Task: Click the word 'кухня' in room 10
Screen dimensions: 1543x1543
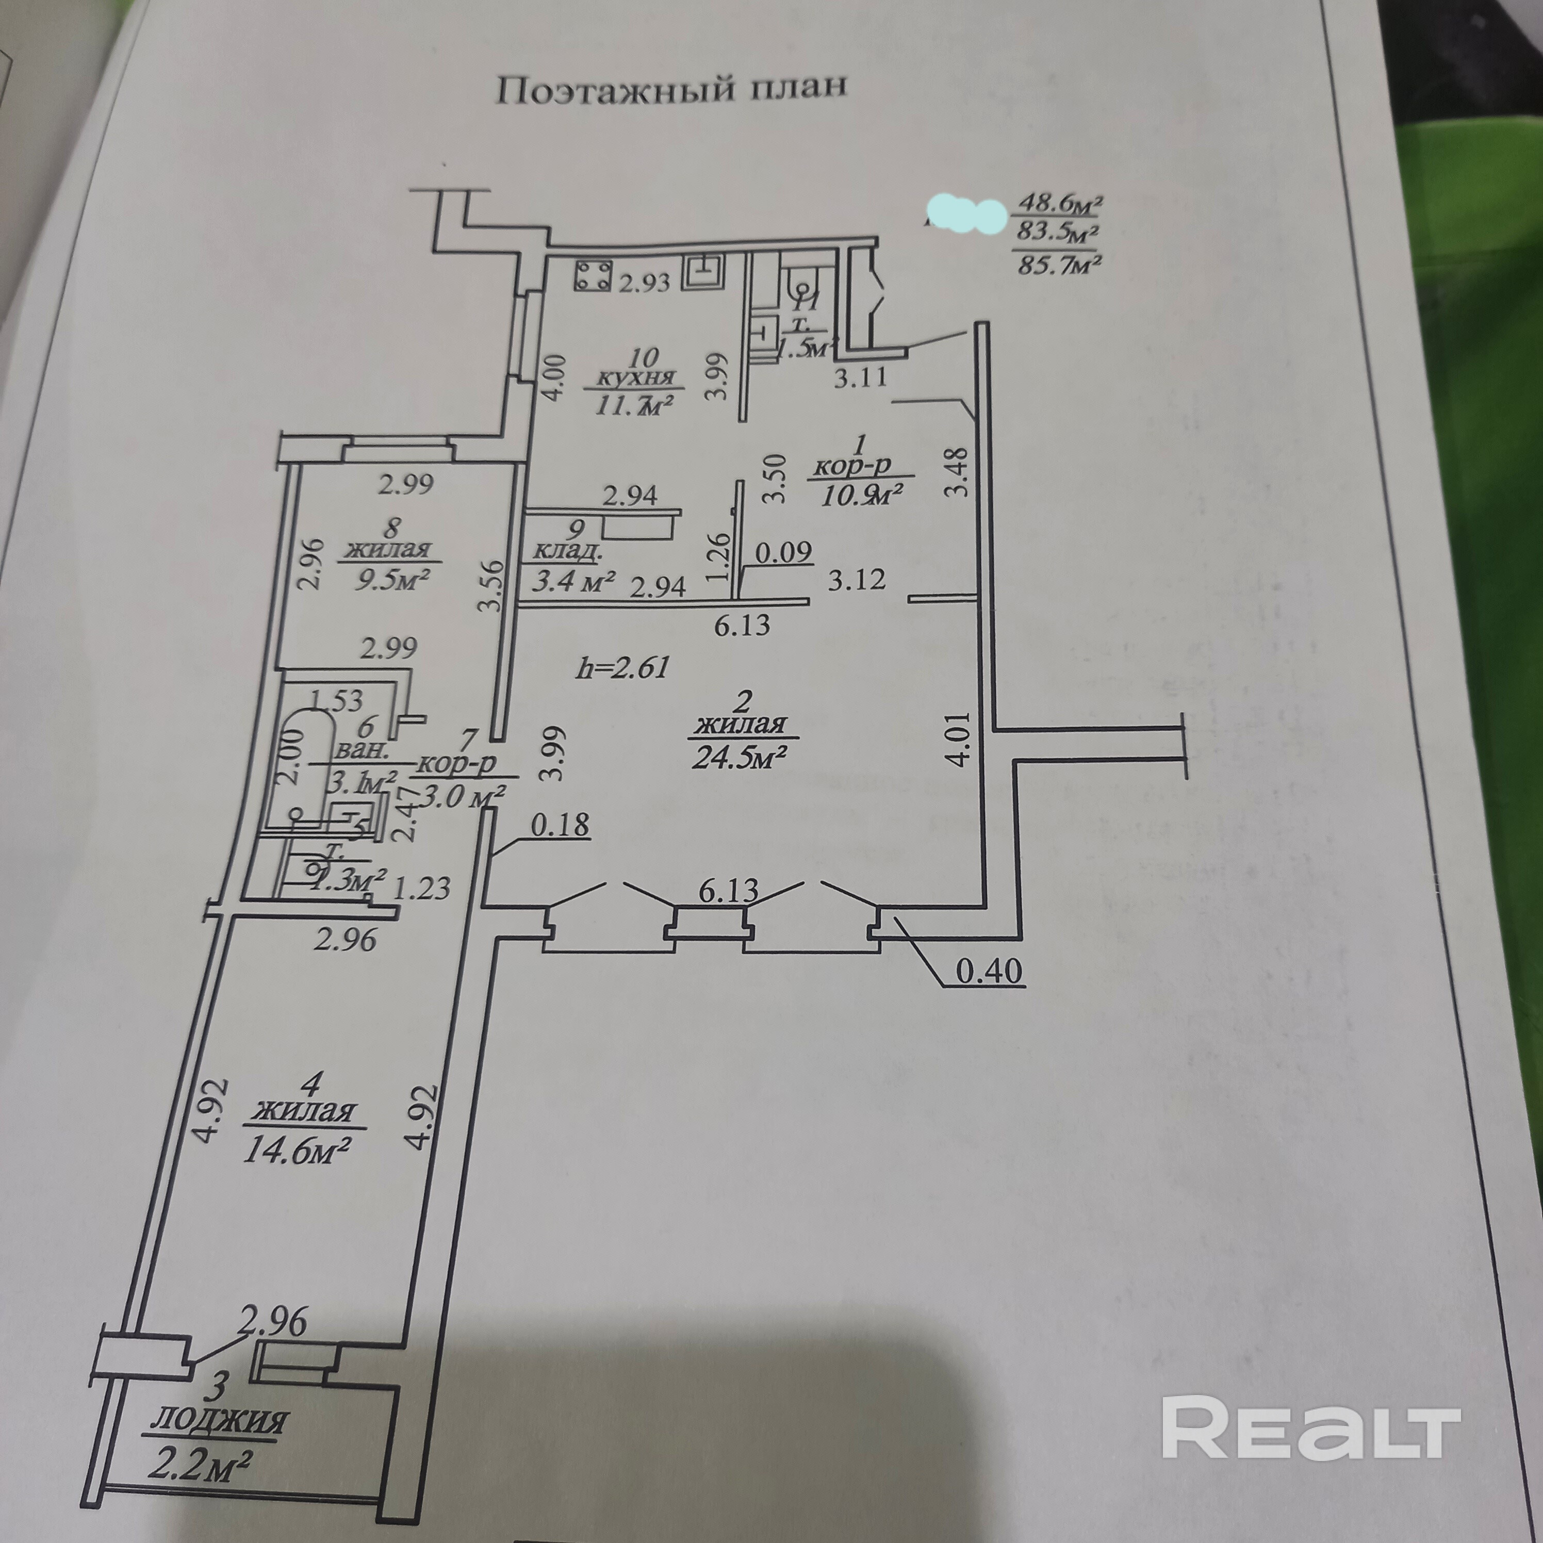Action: pos(636,378)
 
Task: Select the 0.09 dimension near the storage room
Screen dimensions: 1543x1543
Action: pos(783,551)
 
